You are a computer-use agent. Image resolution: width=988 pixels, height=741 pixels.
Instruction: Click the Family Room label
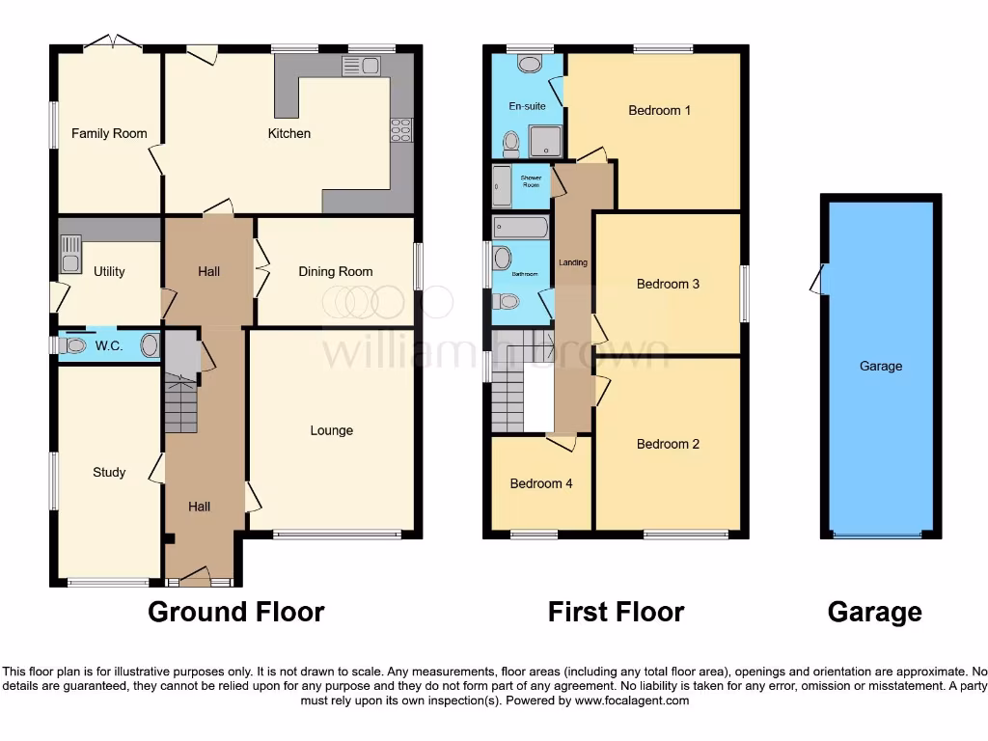point(109,133)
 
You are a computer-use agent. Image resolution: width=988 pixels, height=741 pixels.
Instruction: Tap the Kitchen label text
point(288,133)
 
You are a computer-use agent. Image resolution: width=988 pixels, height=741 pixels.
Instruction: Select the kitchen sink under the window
point(362,66)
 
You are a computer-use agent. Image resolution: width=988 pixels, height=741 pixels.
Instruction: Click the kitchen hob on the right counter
point(400,129)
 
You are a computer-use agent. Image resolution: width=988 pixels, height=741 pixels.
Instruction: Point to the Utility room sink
point(70,254)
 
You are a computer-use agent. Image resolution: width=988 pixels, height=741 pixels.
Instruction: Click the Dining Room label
point(335,271)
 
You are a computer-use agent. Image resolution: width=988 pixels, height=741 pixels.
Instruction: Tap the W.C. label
point(109,345)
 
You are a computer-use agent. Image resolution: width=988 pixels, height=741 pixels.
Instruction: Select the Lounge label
point(331,430)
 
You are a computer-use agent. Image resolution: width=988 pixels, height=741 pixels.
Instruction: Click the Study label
point(109,472)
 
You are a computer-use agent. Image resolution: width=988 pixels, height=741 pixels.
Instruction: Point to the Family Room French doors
point(112,42)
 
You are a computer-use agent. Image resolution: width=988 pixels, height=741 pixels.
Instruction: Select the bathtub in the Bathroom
point(520,228)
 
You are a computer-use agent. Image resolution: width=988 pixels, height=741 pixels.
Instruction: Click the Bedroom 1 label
point(659,110)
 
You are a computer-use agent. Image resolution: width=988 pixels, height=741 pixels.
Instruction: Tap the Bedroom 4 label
point(540,483)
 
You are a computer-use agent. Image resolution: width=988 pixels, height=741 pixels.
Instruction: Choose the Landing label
point(573,262)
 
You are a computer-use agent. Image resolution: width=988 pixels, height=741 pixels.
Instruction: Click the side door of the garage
point(818,281)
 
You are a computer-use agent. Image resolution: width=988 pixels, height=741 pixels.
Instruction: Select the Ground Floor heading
point(235,612)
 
